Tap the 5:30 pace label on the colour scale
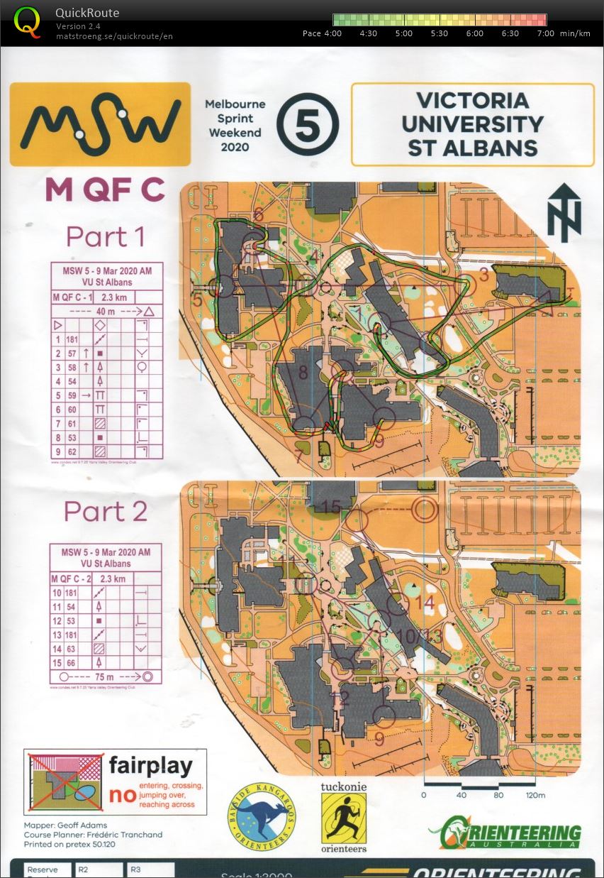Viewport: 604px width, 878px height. tap(439, 33)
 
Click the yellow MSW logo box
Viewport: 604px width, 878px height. tap(100, 124)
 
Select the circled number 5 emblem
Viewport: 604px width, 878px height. tap(308, 125)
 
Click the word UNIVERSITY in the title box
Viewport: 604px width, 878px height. tap(472, 124)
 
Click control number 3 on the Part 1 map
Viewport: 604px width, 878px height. tap(484, 275)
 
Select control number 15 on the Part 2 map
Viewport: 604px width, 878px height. tap(331, 507)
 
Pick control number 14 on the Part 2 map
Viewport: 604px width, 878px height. tap(424, 603)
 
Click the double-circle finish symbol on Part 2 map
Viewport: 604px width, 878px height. tap(425, 510)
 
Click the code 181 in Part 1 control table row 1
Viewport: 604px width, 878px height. tap(72, 339)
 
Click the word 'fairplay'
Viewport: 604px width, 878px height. tap(150, 766)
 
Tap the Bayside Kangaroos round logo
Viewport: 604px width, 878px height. tap(262, 817)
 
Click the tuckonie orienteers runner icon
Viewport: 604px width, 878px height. tap(344, 817)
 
